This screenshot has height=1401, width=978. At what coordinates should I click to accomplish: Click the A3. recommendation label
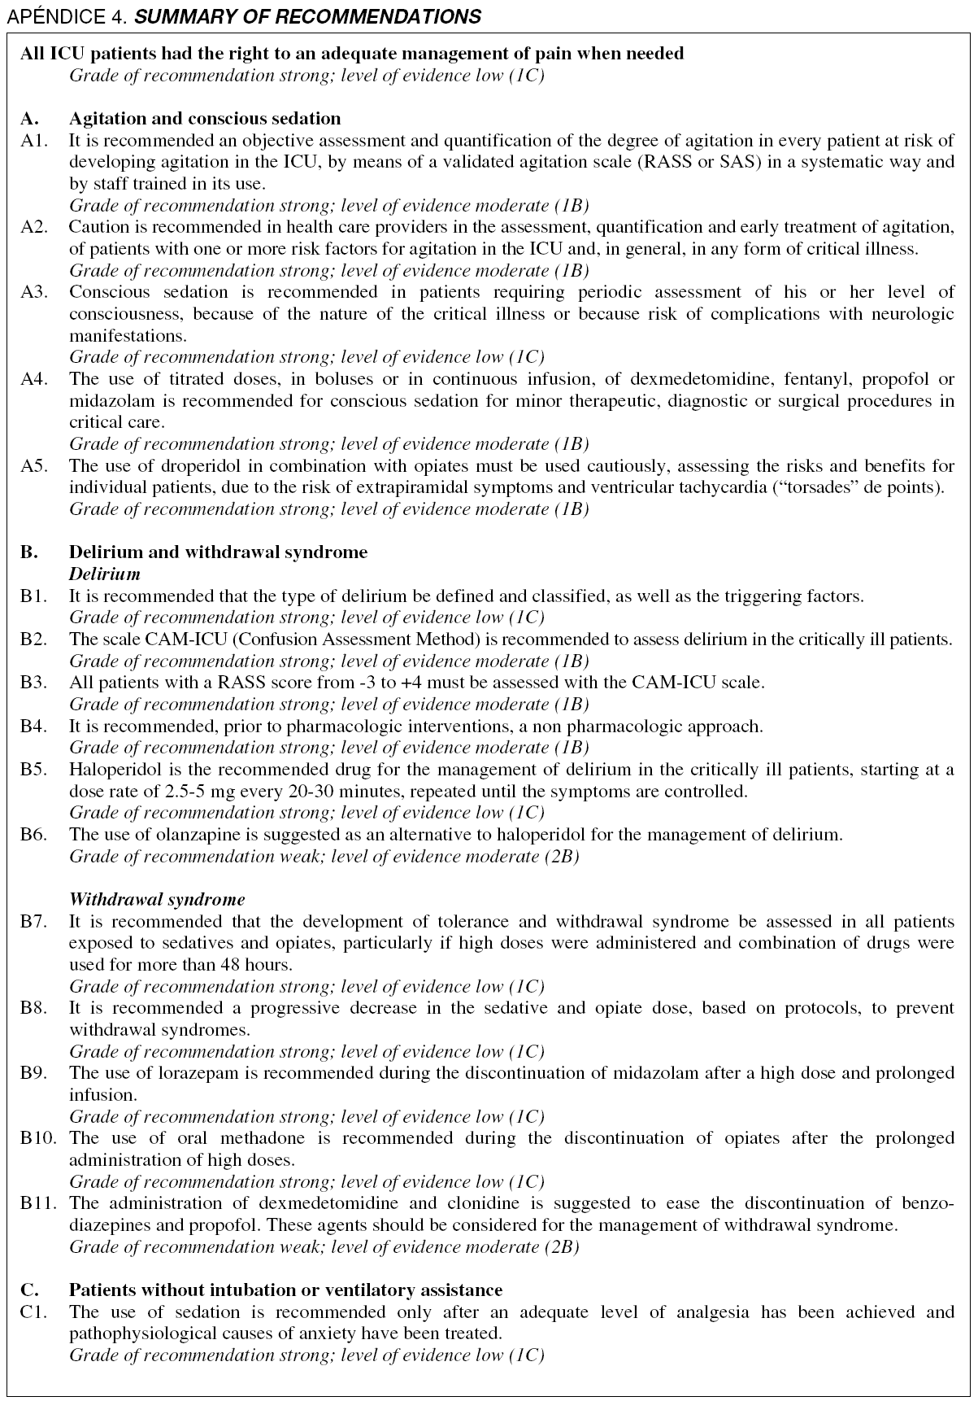point(33,292)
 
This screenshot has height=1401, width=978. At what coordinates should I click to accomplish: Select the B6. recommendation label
point(33,834)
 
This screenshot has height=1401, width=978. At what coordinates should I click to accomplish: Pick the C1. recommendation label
point(33,1312)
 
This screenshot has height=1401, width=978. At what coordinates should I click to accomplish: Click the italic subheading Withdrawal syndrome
point(157,900)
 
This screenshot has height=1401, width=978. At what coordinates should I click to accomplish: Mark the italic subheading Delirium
point(105,574)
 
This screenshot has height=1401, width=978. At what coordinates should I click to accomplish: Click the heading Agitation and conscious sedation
point(205,119)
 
